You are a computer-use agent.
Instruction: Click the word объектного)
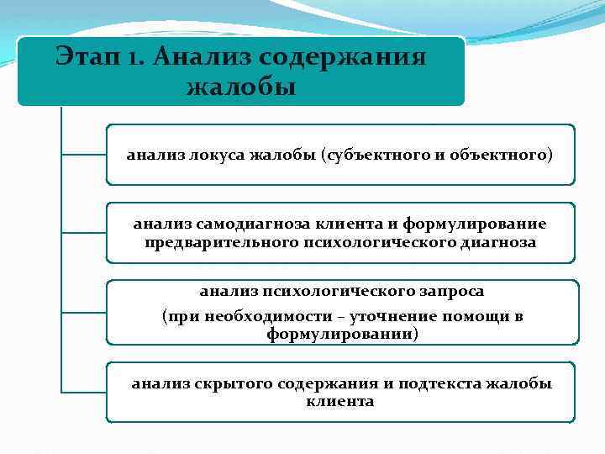(502, 155)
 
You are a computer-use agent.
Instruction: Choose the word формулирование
(475, 224)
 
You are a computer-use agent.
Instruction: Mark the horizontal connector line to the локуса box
(83, 155)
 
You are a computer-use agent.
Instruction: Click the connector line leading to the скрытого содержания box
(83, 392)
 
